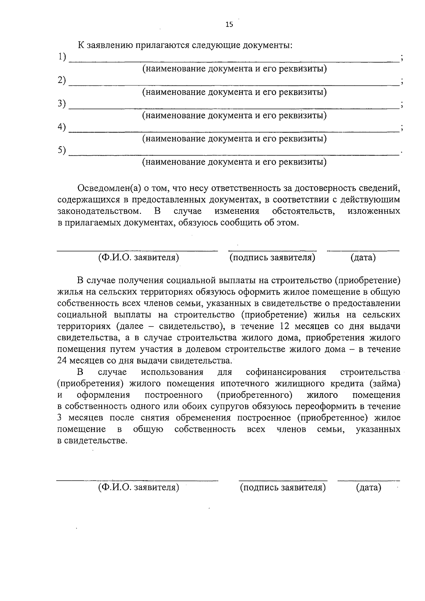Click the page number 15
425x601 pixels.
[229, 24]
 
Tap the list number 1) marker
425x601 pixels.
[62, 57]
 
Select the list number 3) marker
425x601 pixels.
[62, 104]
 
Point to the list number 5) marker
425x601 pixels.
[62, 150]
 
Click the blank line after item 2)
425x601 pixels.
[234, 84]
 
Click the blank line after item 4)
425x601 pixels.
[234, 131]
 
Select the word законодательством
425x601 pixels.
[99, 211]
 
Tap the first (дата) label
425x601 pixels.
[363, 258]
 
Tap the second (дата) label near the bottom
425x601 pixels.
[369, 488]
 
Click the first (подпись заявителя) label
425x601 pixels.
[272, 258]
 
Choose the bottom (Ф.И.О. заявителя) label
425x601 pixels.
[138, 488]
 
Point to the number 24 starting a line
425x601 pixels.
[62, 361]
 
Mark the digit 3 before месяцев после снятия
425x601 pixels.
[59, 418]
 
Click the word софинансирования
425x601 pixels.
[286, 372]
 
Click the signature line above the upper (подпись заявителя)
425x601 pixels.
[272, 251]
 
